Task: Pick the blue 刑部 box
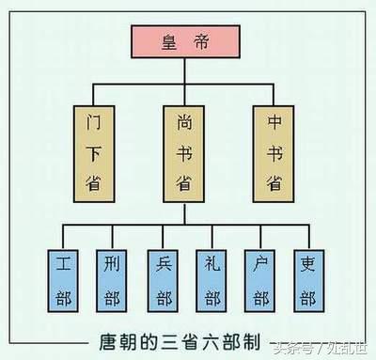(x=111, y=277)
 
